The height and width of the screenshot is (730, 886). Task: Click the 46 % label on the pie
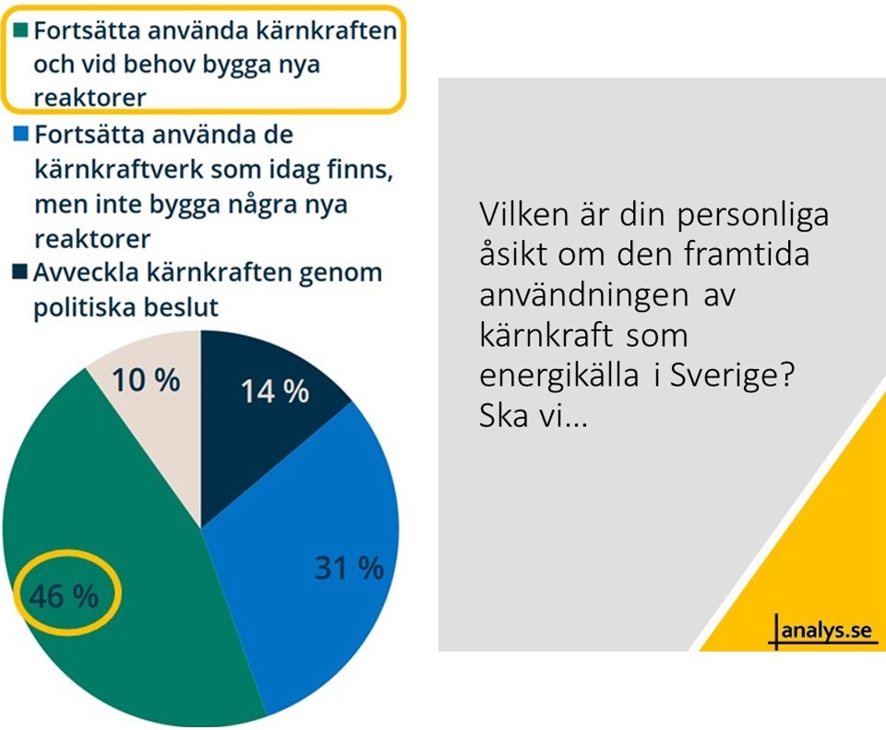pos(64,597)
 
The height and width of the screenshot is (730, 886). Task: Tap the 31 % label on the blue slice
pos(348,568)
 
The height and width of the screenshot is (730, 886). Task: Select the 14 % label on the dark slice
pos(274,391)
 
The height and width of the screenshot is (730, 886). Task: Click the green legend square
pos(20,30)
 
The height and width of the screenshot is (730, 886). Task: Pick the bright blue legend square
pos(20,135)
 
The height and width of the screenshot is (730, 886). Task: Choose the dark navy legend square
pos(20,274)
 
